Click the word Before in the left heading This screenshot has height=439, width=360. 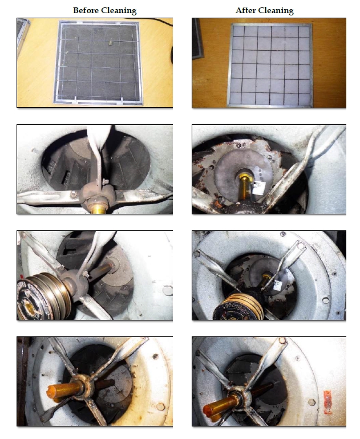(x=86, y=10)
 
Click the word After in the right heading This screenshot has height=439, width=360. (x=245, y=10)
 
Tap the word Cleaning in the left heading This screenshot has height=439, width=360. (x=119, y=11)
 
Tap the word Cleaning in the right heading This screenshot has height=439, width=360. (x=276, y=11)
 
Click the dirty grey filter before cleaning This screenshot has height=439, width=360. (x=98, y=63)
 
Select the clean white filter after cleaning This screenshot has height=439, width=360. (x=270, y=65)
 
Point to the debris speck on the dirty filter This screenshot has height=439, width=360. (x=111, y=43)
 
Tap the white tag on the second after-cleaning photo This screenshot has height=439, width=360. (x=258, y=188)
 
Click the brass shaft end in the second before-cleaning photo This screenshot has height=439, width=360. (x=98, y=209)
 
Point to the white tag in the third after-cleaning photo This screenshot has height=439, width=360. (x=277, y=285)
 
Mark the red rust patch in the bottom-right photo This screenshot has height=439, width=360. (x=328, y=403)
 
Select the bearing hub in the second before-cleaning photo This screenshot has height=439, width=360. (x=98, y=196)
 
